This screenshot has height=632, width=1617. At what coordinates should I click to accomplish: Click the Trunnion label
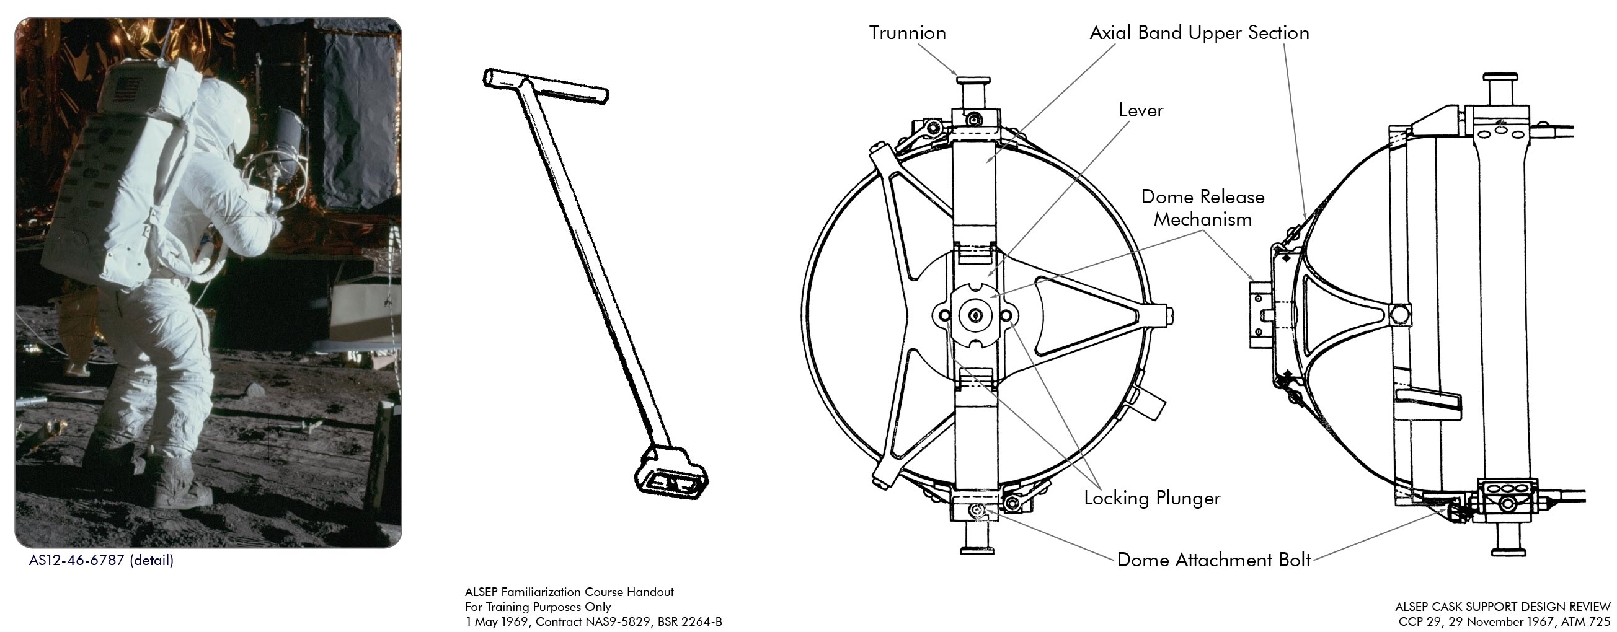point(907,33)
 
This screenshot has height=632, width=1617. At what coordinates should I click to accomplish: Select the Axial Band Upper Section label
point(1199,33)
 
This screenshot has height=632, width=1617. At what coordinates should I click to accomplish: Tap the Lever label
point(1141,110)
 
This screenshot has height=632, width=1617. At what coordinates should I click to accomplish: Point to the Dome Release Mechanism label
point(1202,208)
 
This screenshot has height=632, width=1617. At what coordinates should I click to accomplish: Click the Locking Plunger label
point(1152,498)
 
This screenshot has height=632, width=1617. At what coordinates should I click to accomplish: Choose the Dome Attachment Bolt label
point(1213,560)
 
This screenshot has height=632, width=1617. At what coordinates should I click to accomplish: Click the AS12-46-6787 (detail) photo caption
point(101,560)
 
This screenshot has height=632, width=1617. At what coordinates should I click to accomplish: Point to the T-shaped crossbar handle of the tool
point(546,87)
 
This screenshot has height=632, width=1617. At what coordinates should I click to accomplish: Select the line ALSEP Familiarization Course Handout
point(569,592)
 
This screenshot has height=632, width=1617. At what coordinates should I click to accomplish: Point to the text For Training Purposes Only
point(538,607)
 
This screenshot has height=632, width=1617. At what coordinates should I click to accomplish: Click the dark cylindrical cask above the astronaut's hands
point(288,132)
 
